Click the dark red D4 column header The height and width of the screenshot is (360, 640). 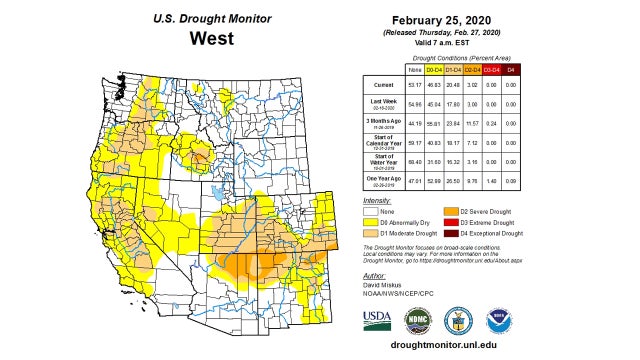tap(512, 70)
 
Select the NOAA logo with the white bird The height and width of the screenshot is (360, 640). tap(499, 320)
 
